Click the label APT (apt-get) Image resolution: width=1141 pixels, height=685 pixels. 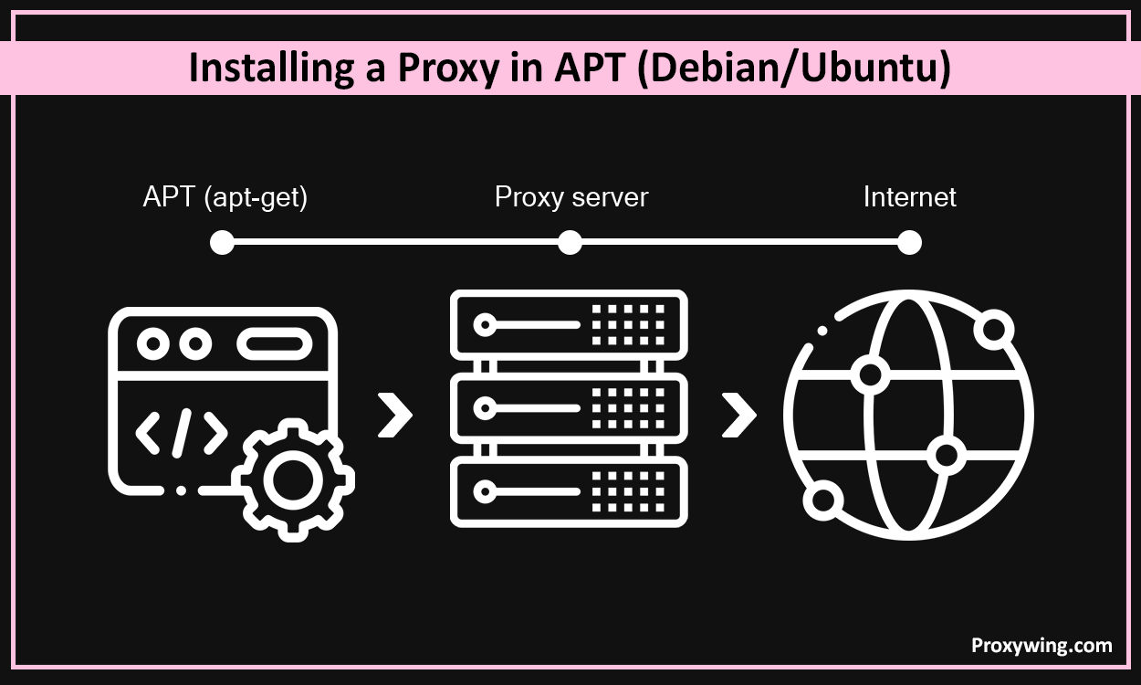tap(225, 197)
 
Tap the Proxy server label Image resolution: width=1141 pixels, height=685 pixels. tap(570, 197)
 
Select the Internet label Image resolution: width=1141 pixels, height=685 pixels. tap(909, 197)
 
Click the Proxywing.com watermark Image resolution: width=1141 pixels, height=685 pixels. tap(1041, 646)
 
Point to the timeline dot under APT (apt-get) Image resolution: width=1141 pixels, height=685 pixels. tap(222, 242)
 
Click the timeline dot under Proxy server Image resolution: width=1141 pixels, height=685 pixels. tap(570, 242)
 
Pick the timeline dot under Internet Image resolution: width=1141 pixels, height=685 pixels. tap(909, 242)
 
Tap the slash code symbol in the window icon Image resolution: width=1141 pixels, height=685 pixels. tap(182, 433)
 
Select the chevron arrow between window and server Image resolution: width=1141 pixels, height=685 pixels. tap(394, 416)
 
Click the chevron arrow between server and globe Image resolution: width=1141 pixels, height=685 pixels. tap(738, 416)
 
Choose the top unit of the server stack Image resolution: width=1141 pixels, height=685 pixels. tap(568, 324)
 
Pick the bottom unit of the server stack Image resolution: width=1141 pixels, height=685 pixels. tap(568, 492)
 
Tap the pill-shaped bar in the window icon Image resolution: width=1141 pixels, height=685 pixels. tap(275, 344)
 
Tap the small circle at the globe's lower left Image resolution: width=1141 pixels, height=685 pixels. tap(824, 501)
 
